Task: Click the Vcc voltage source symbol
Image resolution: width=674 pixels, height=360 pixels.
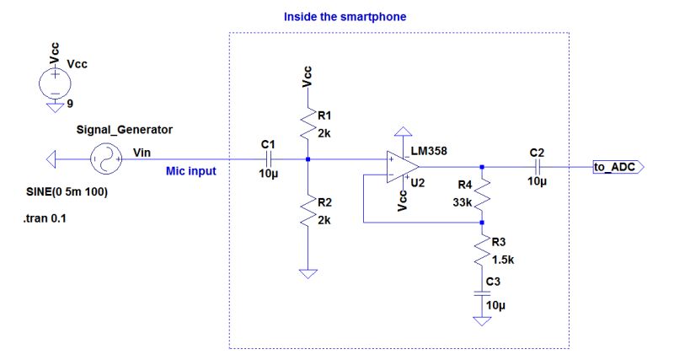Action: (55, 83)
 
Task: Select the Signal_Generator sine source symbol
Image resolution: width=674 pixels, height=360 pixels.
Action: (105, 158)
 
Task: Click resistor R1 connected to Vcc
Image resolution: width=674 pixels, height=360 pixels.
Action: (309, 125)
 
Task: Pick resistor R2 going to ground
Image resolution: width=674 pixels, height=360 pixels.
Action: (309, 212)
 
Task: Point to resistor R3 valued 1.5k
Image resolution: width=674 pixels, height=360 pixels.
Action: (481, 250)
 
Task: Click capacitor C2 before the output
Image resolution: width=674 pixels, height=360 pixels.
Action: (536, 167)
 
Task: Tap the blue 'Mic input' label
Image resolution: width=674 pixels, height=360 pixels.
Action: (191, 171)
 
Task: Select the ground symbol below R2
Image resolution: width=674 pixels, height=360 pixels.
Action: (309, 274)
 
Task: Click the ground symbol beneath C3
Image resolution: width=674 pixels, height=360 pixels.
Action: (481, 322)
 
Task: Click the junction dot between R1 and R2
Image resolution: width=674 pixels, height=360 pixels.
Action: (309, 158)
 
